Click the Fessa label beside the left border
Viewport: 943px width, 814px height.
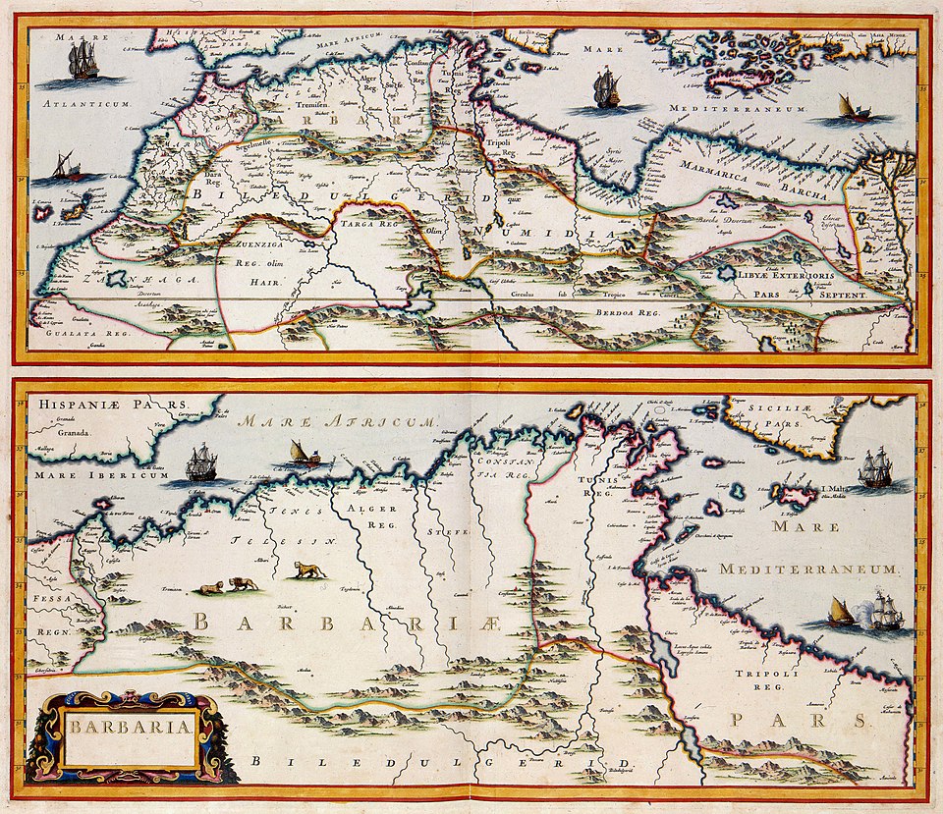tap(44, 595)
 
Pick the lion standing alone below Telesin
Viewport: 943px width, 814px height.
tap(308, 569)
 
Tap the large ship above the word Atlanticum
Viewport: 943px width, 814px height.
tap(83, 62)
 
